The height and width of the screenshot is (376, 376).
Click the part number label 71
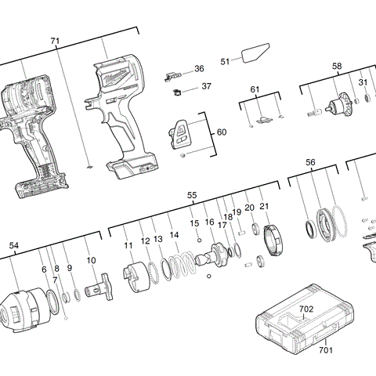[x=54, y=41]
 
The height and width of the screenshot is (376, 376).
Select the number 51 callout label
[x=226, y=61]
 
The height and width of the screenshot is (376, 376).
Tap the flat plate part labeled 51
[x=254, y=56]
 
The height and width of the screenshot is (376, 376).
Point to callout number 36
[x=199, y=69]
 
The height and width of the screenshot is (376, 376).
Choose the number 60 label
[x=222, y=132]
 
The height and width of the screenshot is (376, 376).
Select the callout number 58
[x=337, y=67]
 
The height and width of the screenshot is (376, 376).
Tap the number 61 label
[x=255, y=90]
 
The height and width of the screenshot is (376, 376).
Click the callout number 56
[x=311, y=162]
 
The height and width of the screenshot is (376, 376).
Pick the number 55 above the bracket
[x=192, y=195]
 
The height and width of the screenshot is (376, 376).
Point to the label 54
[x=13, y=245]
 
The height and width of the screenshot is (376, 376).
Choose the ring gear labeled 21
[x=270, y=240]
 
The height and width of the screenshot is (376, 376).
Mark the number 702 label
[x=306, y=309]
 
